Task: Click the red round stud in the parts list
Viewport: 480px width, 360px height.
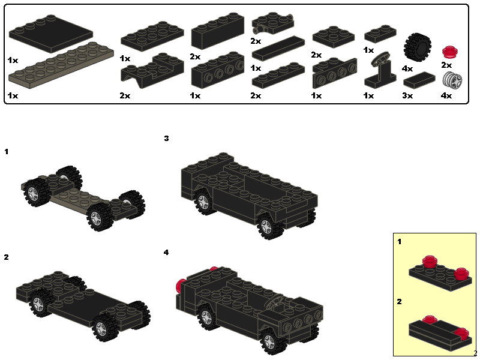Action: pyautogui.click(x=449, y=52)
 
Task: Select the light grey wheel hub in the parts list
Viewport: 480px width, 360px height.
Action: pyautogui.click(x=452, y=80)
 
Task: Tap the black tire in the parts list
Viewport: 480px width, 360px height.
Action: pyautogui.click(x=417, y=47)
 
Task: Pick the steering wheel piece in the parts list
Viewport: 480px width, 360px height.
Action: pyautogui.click(x=380, y=70)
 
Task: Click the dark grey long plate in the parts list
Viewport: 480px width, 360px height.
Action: pyautogui.click(x=61, y=66)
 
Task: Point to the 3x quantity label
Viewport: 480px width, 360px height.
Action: pyautogui.click(x=407, y=95)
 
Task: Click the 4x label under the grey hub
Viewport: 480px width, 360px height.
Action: pyautogui.click(x=446, y=95)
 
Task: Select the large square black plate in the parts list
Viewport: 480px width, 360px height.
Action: pyautogui.click(x=51, y=34)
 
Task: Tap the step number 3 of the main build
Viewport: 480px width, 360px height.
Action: pyautogui.click(x=166, y=139)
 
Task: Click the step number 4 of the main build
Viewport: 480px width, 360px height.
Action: pyautogui.click(x=166, y=253)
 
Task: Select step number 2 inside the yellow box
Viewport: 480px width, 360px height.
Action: pyautogui.click(x=399, y=302)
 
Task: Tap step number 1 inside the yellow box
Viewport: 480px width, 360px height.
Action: pyautogui.click(x=399, y=242)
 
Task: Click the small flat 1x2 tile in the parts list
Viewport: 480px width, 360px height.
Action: pyautogui.click(x=419, y=80)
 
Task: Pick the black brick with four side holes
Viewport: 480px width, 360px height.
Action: pyautogui.click(x=218, y=70)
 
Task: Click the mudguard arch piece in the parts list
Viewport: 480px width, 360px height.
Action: pyautogui.click(x=152, y=70)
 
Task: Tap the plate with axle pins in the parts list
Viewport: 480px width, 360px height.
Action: pyautogui.click(x=273, y=23)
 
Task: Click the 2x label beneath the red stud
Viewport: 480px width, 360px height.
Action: pyautogui.click(x=446, y=65)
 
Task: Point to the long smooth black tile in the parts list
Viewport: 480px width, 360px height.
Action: pyautogui.click(x=278, y=48)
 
